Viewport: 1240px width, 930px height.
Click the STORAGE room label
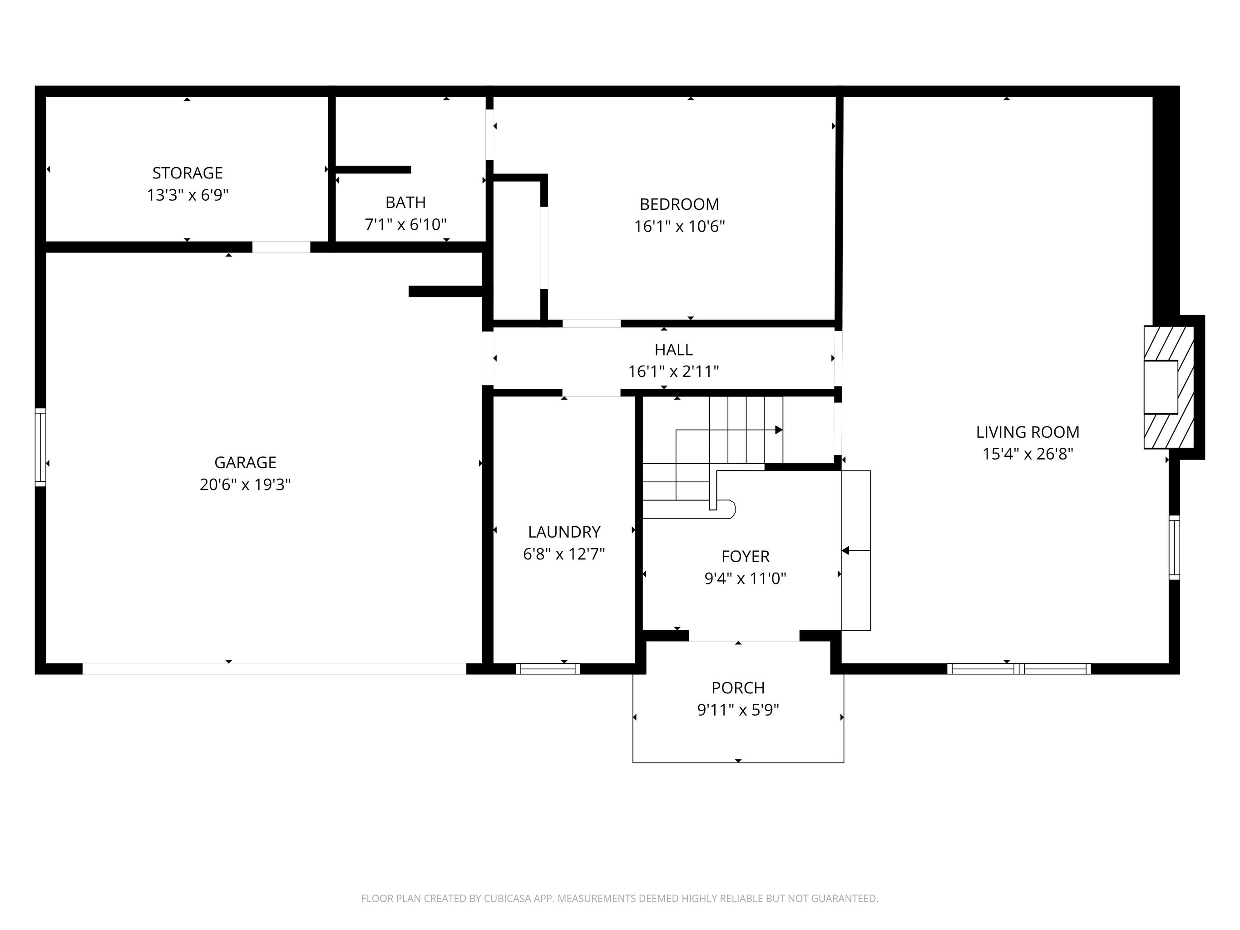pyautogui.click(x=188, y=173)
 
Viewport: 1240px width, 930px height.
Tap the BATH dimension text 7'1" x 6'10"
pyautogui.click(x=406, y=225)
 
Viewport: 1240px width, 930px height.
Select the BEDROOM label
pyautogui.click(x=679, y=204)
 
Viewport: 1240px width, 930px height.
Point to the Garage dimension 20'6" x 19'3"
pyautogui.click(x=245, y=485)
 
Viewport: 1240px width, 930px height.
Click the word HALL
pyautogui.click(x=674, y=350)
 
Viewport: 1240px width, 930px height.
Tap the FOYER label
pyautogui.click(x=746, y=557)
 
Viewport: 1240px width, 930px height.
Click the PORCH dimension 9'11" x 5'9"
pyautogui.click(x=738, y=710)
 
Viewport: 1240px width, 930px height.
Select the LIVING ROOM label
pyautogui.click(x=1028, y=432)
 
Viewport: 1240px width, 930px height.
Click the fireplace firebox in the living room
pyautogui.click(x=1161, y=387)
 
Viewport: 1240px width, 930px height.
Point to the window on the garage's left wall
pyautogui.click(x=40, y=447)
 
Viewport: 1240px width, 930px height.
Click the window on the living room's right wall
pyautogui.click(x=1174, y=547)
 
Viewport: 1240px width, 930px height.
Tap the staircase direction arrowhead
pyautogui.click(x=779, y=430)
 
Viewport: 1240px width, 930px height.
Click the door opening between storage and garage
pyautogui.click(x=281, y=247)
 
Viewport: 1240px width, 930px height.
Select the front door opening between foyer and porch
pyautogui.click(x=744, y=636)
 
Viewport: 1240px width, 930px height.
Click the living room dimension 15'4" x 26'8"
pyautogui.click(x=1028, y=454)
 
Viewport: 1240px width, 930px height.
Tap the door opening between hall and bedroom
pyautogui.click(x=592, y=323)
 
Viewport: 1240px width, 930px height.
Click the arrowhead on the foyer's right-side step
pyautogui.click(x=846, y=551)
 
